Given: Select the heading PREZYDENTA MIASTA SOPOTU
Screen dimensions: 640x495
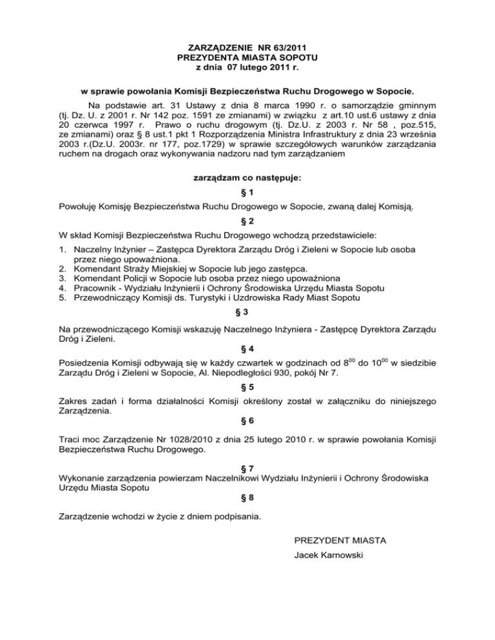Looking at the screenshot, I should (x=247, y=57).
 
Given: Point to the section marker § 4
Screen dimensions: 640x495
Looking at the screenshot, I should (x=247, y=351).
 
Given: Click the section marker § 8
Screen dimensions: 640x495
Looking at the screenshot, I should (x=247, y=497).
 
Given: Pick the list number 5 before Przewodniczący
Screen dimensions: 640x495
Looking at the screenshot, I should (x=63, y=297).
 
